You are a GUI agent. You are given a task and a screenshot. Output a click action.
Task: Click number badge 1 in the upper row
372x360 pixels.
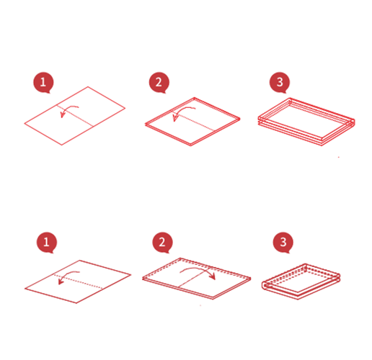[x=43, y=82]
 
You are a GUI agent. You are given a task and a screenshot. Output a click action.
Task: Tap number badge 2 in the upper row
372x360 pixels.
[x=159, y=82]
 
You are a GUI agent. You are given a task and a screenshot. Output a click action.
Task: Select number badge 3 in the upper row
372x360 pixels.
[x=280, y=82]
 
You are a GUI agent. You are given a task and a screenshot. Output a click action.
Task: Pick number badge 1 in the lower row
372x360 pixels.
[x=47, y=242]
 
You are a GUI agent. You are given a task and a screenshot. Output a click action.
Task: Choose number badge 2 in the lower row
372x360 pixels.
[x=162, y=242]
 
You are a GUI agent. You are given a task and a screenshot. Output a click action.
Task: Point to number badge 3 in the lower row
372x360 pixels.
[x=283, y=242]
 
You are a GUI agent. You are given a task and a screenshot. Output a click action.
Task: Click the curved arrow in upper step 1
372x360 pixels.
[x=68, y=109]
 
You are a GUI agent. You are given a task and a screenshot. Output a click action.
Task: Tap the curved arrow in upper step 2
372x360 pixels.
[x=182, y=110]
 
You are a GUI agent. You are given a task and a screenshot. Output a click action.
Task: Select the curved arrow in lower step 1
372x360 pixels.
[x=66, y=275]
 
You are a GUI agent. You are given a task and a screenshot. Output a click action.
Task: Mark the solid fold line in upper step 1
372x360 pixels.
[x=75, y=115]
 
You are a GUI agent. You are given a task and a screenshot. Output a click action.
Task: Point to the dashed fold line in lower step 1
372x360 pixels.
[x=78, y=282]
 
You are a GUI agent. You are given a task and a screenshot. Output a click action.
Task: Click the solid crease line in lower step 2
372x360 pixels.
[x=193, y=277]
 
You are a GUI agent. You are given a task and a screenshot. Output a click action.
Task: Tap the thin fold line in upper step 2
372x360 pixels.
[x=194, y=121]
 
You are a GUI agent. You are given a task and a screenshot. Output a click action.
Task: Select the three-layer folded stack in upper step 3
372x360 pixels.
[x=306, y=122]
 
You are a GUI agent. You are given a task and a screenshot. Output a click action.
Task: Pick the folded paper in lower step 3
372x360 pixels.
[x=301, y=282]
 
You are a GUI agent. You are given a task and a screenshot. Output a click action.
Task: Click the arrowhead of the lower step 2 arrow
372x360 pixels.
[x=213, y=276]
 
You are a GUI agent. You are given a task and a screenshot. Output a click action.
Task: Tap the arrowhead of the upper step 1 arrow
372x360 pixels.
[x=63, y=115]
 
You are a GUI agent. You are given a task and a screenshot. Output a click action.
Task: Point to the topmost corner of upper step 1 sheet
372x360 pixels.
[x=88, y=86]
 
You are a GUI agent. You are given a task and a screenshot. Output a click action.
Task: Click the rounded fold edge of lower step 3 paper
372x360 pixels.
[x=264, y=285]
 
